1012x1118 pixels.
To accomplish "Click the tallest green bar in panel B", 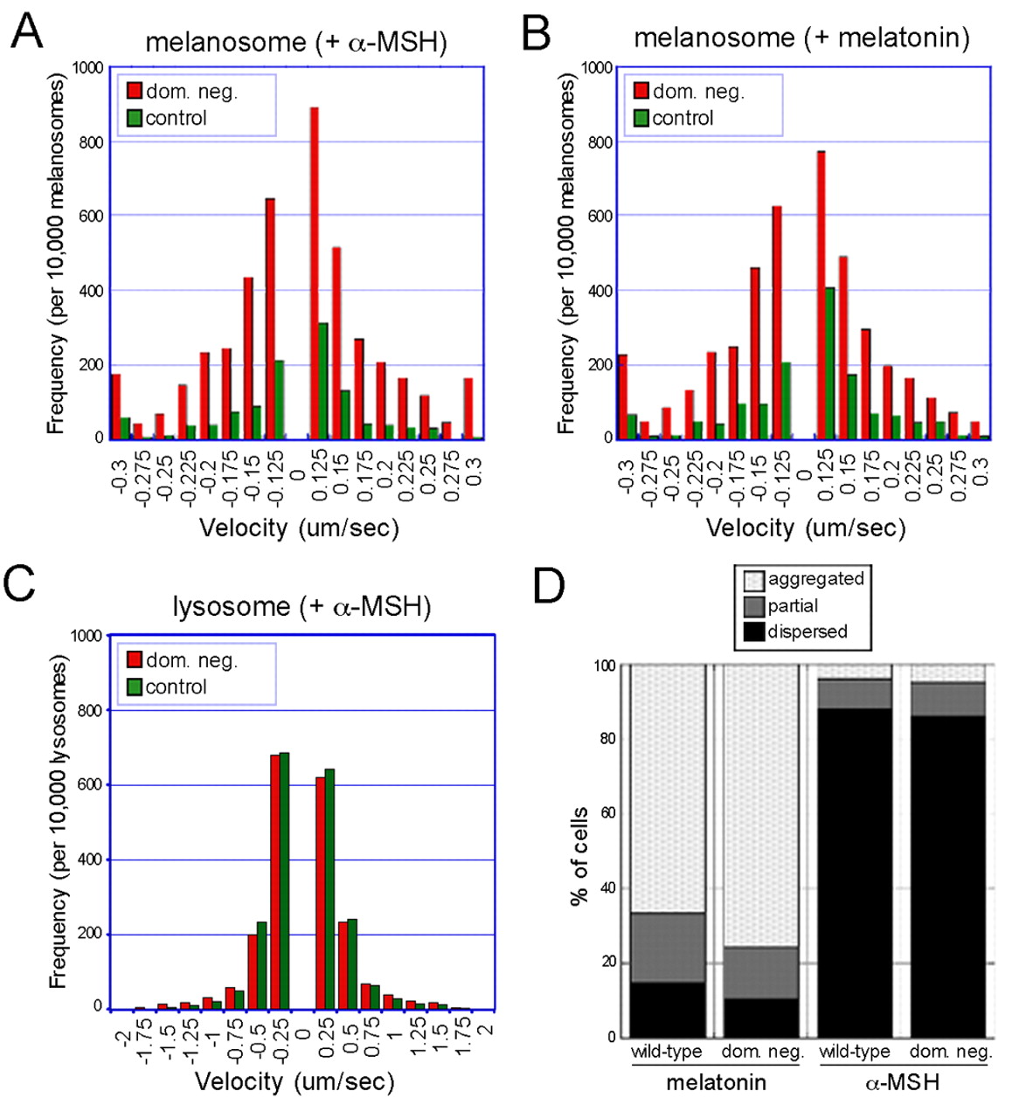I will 829,362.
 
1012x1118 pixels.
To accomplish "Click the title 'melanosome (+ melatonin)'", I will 801,38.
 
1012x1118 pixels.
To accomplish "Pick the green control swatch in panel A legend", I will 135,118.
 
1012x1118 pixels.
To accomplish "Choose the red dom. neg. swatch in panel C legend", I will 135,659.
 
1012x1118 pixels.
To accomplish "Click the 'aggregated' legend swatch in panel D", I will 754,579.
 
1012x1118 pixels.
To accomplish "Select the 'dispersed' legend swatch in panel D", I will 754,631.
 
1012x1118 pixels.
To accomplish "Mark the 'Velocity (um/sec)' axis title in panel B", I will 805,528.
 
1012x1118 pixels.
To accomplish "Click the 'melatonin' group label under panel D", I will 716,1083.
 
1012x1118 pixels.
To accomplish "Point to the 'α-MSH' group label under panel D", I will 901,1083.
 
